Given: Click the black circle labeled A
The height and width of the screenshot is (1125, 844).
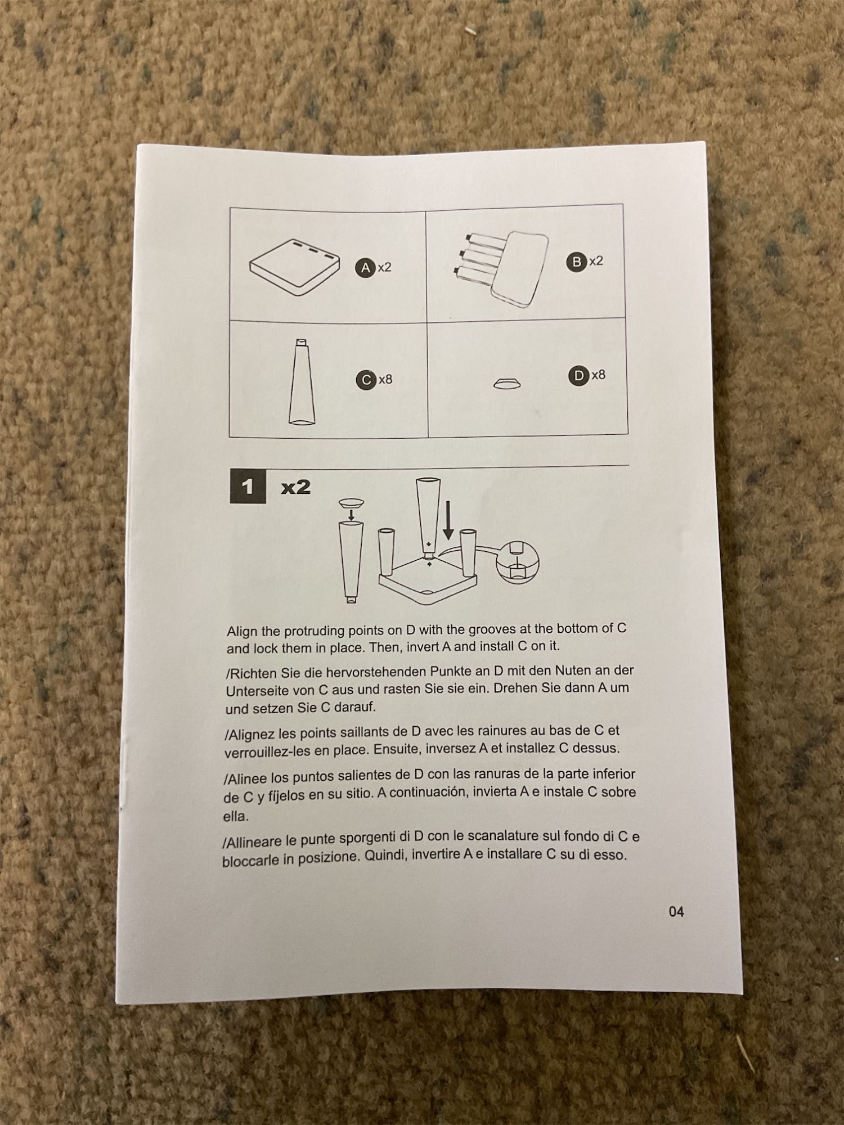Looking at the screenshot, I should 365,268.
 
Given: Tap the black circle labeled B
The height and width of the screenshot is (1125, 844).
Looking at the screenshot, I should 576,262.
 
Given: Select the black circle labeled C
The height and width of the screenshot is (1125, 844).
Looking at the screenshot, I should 366,380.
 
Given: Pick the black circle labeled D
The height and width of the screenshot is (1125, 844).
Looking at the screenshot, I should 578,376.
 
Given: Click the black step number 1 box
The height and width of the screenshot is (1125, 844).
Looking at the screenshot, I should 248,487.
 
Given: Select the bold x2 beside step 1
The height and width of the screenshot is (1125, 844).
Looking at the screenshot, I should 296,487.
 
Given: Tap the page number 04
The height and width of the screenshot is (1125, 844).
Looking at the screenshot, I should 676,912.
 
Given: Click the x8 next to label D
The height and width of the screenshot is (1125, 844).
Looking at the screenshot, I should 598,375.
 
